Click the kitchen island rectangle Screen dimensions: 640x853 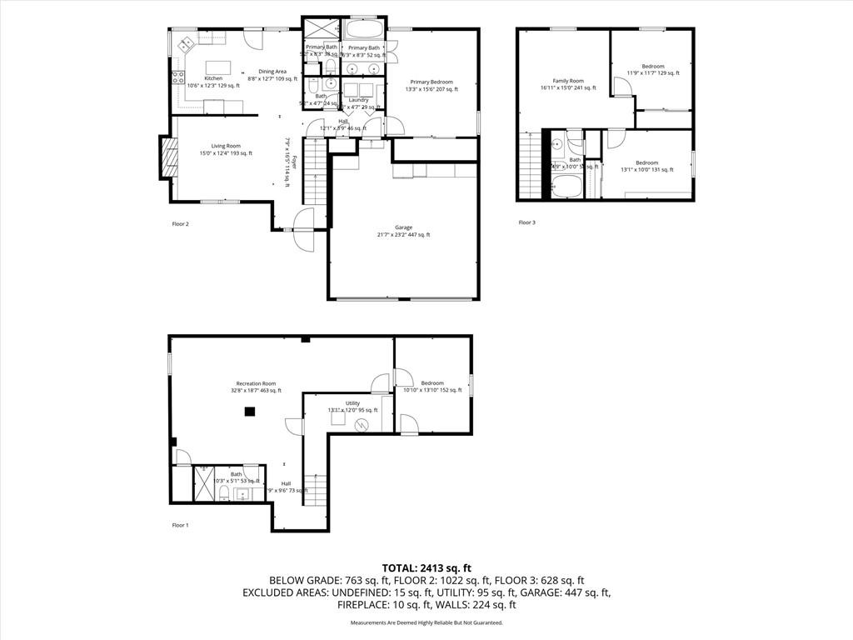point(217,67)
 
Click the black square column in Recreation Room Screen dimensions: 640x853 point(249,412)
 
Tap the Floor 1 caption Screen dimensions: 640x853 point(180,525)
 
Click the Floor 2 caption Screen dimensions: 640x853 point(180,223)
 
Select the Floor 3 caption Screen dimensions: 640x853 point(526,222)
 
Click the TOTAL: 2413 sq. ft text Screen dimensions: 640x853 point(426,567)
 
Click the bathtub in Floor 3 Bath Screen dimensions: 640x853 point(571,186)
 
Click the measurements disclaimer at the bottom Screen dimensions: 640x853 point(426,622)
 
